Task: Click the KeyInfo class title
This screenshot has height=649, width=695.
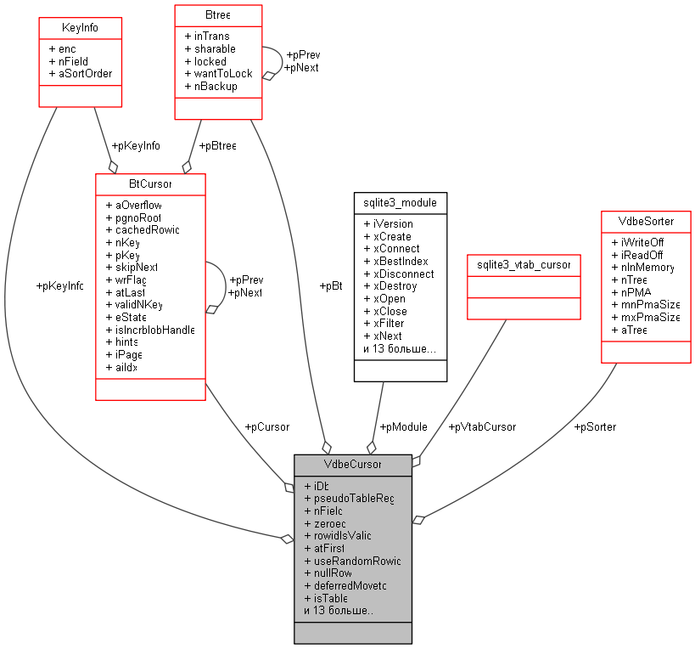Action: pos(80,27)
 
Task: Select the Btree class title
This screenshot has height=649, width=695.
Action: pos(218,14)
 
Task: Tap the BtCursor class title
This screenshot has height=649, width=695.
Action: pos(150,183)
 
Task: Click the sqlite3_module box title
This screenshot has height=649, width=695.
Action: pos(400,203)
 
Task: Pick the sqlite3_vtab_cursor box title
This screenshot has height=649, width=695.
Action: pos(524,265)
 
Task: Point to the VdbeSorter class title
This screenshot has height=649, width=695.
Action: pos(646,221)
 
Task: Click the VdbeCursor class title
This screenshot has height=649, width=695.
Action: pos(352,464)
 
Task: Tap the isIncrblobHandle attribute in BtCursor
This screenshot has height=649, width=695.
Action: pos(150,330)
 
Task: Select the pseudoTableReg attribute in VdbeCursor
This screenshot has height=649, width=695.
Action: pos(349,499)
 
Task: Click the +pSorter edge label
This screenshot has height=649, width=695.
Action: pos(595,426)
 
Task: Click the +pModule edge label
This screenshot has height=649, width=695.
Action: pos(403,426)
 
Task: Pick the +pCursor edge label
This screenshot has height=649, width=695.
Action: pos(266,426)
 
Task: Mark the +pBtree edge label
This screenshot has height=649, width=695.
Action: pos(216,145)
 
